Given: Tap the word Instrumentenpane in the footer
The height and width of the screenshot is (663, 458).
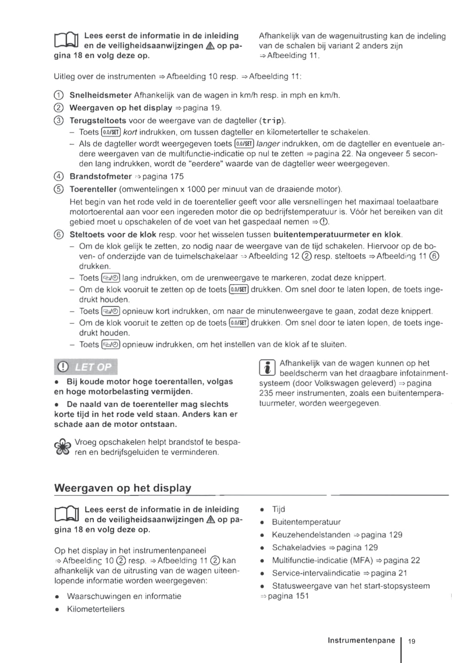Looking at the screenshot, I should pyautogui.click(x=361, y=641).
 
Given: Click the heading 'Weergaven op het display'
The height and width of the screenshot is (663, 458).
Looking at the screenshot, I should pyautogui.click(x=123, y=488).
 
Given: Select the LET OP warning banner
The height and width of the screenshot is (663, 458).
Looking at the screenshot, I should pyautogui.click(x=86, y=367).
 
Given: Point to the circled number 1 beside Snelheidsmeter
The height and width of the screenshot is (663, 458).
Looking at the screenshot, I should pyautogui.click(x=59, y=95).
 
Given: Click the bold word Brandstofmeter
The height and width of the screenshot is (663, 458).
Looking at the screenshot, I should pyautogui.click(x=101, y=176).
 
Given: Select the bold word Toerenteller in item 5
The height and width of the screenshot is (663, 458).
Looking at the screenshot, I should pyautogui.click(x=93, y=189).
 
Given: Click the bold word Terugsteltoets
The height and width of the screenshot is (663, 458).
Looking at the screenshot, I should pyautogui.click(x=98, y=121).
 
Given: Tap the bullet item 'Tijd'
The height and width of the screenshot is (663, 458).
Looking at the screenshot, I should pyautogui.click(x=278, y=509).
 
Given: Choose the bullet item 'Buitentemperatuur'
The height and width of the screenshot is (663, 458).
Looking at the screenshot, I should pyautogui.click(x=306, y=522).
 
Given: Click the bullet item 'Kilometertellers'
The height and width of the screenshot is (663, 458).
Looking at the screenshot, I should pyautogui.click(x=95, y=609).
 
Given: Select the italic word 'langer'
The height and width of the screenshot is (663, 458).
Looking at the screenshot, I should pyautogui.click(x=268, y=144).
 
